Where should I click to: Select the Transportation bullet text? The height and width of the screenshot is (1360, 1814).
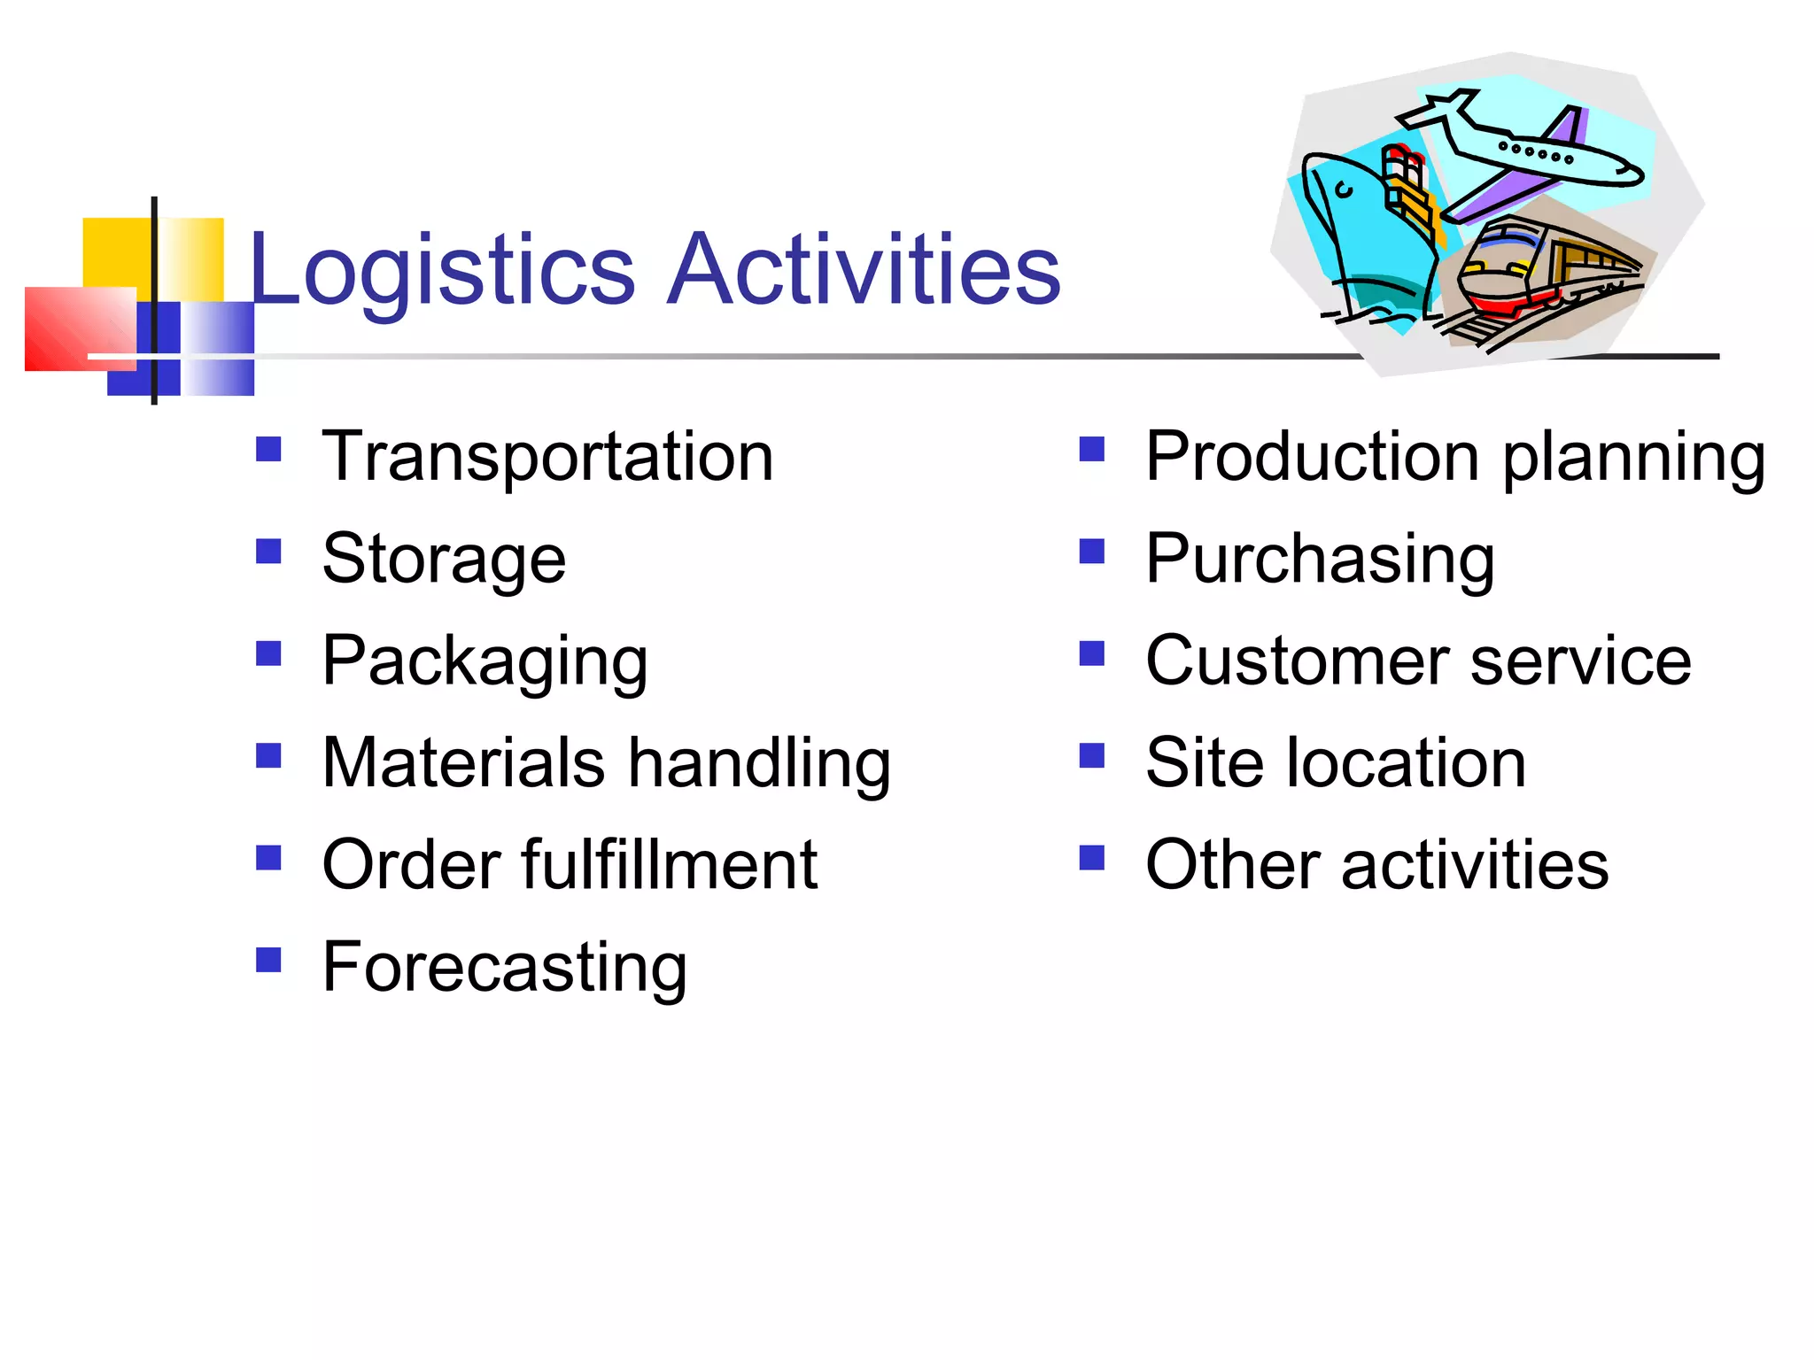pos(547,457)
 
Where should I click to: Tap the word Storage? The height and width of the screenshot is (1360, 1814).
pos(444,560)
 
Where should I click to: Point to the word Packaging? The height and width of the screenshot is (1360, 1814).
pos(485,662)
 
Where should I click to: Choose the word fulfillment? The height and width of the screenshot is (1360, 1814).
pos(669,865)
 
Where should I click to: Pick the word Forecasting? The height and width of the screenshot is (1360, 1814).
pos(504,968)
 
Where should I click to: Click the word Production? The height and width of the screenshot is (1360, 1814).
pos(1312,457)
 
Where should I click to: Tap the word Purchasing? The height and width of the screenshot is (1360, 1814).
pos(1320,560)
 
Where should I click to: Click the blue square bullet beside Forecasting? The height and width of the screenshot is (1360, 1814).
pos(268,960)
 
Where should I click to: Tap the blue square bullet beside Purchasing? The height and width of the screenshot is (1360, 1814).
pos(1092,552)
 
